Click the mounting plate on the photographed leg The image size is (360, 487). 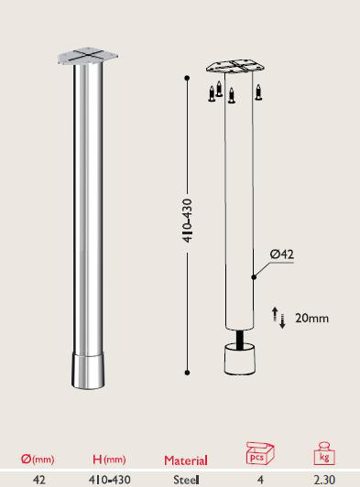point(88,57)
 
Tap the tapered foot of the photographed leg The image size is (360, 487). point(88,370)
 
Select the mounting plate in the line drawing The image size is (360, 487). point(235,68)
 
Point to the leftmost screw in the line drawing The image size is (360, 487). point(212,92)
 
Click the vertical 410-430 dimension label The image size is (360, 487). point(188,219)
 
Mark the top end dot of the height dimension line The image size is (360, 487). point(188,78)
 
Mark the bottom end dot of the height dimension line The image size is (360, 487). point(188,372)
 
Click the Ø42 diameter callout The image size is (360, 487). point(281,254)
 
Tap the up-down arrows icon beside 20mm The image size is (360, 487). point(279,318)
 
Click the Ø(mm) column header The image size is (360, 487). point(38,460)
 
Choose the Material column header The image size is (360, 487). point(185,460)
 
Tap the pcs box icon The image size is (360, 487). point(260,453)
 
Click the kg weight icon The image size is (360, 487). point(324,454)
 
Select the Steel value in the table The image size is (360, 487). point(186,479)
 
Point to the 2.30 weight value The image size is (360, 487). point(324,479)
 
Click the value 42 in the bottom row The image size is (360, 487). point(38,479)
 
